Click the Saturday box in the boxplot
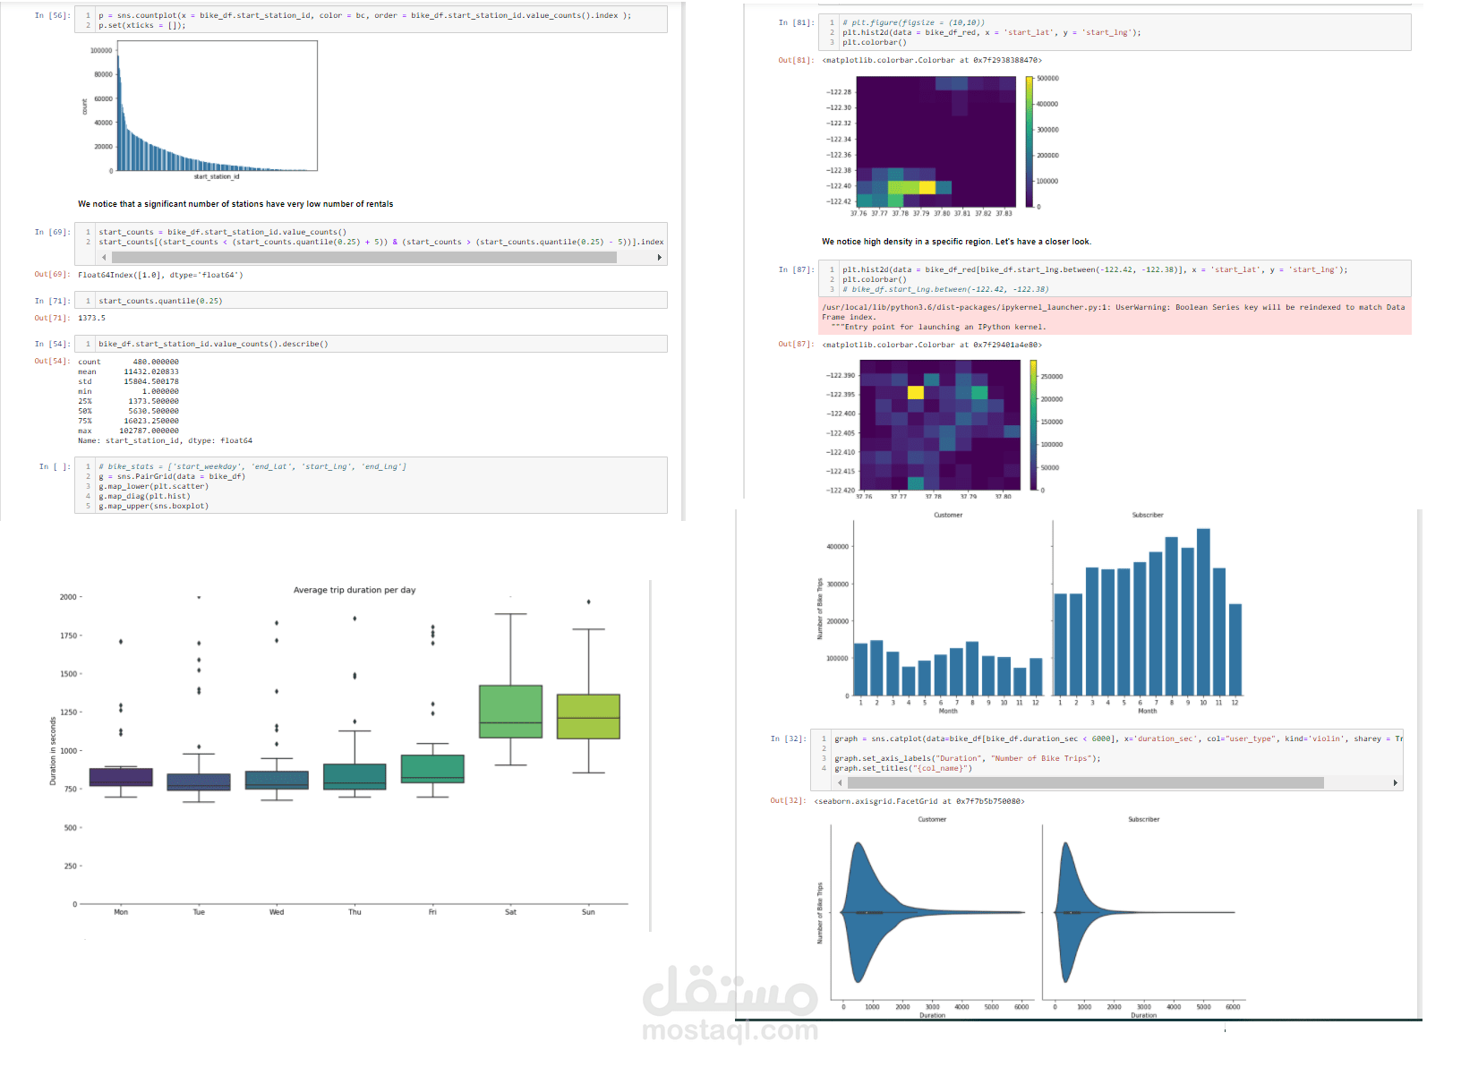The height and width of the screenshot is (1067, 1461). pos(510,711)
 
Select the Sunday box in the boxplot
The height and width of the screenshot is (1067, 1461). pos(588,716)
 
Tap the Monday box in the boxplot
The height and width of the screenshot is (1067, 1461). pos(121,777)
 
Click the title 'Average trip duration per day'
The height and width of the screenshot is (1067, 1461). pos(355,590)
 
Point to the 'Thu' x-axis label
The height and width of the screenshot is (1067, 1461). pos(355,912)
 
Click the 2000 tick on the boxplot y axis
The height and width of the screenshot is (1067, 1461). pos(68,597)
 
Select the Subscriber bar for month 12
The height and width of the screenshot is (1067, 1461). pos(1235,650)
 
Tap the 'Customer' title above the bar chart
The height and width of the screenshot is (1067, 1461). pos(948,515)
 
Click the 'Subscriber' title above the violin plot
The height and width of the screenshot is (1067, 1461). pos(1143,819)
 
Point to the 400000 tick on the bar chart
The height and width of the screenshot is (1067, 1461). pos(837,547)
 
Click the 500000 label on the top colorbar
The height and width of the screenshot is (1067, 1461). pos(1047,79)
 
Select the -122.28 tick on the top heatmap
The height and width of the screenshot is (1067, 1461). pos(839,92)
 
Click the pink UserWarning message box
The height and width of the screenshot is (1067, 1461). pos(1115,316)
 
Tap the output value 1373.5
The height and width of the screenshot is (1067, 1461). pos(91,318)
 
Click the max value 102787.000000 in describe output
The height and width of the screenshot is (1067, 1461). pos(149,431)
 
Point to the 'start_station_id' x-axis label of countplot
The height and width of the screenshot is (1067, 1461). pos(217,176)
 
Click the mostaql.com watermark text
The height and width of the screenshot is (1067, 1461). pos(730,1030)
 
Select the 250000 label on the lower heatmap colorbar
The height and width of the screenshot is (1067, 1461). pos(1051,377)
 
